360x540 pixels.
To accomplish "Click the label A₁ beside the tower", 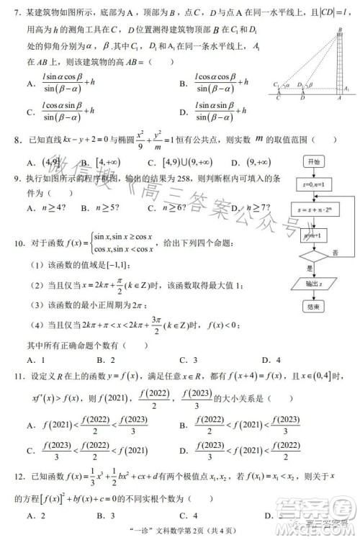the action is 346,88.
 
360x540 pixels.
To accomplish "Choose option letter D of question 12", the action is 268,516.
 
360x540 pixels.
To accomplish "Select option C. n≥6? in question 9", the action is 168,208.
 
